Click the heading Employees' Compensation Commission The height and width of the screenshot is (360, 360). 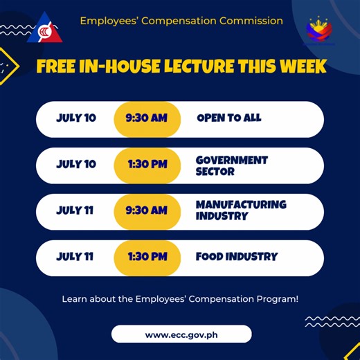tap(181, 21)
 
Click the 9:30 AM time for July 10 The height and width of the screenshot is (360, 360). tap(147, 118)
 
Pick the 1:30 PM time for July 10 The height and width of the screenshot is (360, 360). tap(147, 165)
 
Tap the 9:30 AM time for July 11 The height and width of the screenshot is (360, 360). tap(147, 210)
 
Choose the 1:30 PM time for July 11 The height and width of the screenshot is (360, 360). tap(147, 257)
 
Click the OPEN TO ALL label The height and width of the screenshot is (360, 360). tap(229, 118)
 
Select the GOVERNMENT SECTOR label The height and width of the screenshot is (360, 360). tap(231, 165)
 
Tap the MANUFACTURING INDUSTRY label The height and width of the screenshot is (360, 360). tap(240, 210)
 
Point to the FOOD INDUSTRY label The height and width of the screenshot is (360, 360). tap(236, 257)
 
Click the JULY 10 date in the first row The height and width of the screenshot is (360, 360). tap(76, 118)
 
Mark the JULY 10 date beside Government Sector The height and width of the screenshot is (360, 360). tap(76, 165)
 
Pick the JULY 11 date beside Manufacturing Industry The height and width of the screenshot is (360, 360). tap(75, 210)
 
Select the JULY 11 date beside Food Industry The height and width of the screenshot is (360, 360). tap(75, 257)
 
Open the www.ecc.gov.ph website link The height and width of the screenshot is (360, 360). tap(181, 334)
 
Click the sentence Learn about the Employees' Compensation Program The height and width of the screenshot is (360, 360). tap(180, 299)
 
